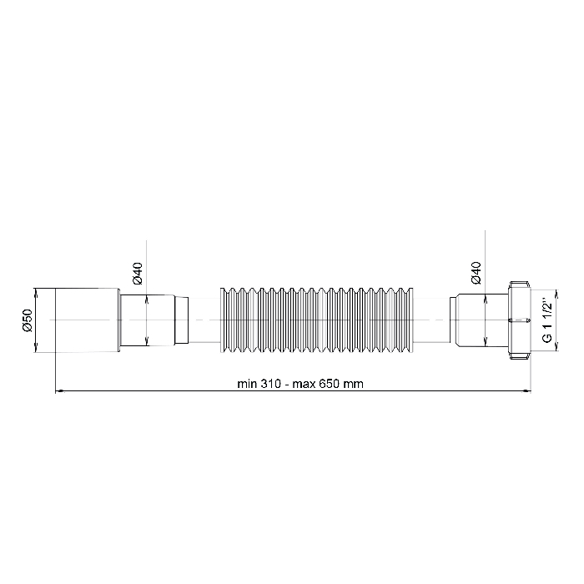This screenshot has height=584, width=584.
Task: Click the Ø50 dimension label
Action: click(x=28, y=320)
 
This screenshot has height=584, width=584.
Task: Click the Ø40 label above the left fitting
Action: click(x=138, y=273)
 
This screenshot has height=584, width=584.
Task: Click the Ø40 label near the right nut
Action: click(x=476, y=273)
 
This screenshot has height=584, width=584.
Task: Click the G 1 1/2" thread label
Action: click(x=546, y=320)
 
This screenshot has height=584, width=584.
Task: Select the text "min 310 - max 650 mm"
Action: click(x=300, y=384)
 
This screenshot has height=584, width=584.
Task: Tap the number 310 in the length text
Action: click(x=271, y=384)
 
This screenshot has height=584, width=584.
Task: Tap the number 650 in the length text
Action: click(x=329, y=384)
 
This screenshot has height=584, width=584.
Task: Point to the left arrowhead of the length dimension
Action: click(x=59, y=391)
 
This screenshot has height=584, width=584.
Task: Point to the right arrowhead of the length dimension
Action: click(x=526, y=391)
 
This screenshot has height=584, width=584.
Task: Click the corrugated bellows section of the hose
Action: click(x=317, y=320)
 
